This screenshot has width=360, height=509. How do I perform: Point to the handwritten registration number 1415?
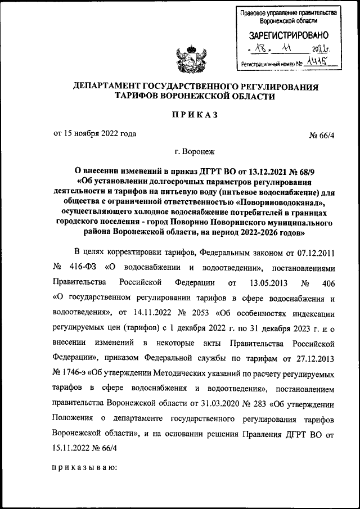click(x=322, y=64)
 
